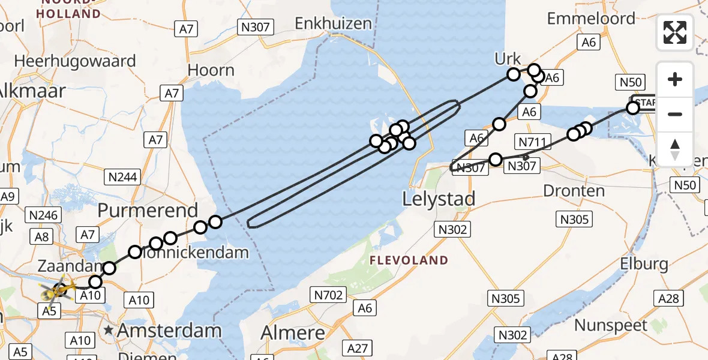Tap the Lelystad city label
pyautogui.click(x=440, y=199)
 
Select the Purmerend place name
pyautogui.click(x=148, y=211)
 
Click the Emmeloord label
pyautogui.click(x=591, y=19)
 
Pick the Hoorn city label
pyautogui.click(x=211, y=70)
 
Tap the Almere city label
pyautogui.click(x=293, y=332)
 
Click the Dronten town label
pyautogui.click(x=574, y=191)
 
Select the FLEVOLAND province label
pyautogui.click(x=409, y=260)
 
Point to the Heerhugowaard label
pyautogui.click(x=75, y=61)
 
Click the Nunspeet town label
pyautogui.click(x=611, y=326)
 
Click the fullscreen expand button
pyautogui.click(x=675, y=32)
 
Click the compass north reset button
pyautogui.click(x=675, y=149)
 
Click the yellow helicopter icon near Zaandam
pyautogui.click(x=58, y=292)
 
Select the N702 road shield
pyautogui.click(x=328, y=294)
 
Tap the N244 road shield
pyautogui.click(x=122, y=177)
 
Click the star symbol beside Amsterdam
pyautogui.click(x=109, y=330)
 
